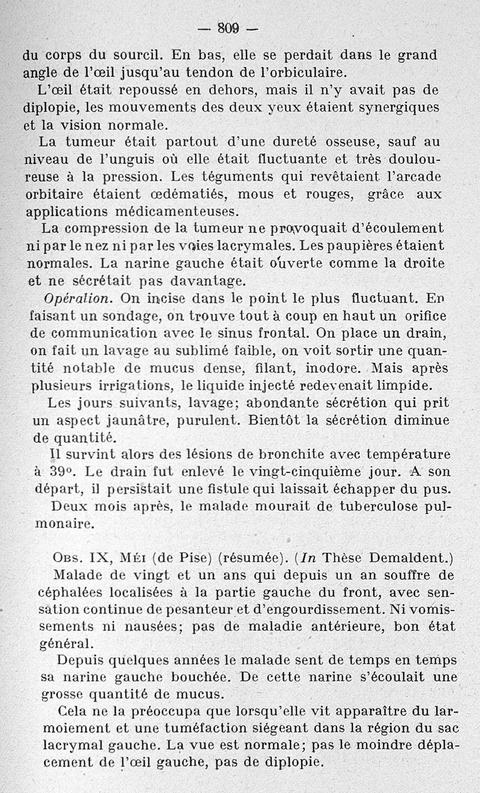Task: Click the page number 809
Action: pyautogui.click(x=228, y=28)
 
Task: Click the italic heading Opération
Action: pyautogui.click(x=78, y=298)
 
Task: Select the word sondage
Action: pyautogui.click(x=121, y=316)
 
